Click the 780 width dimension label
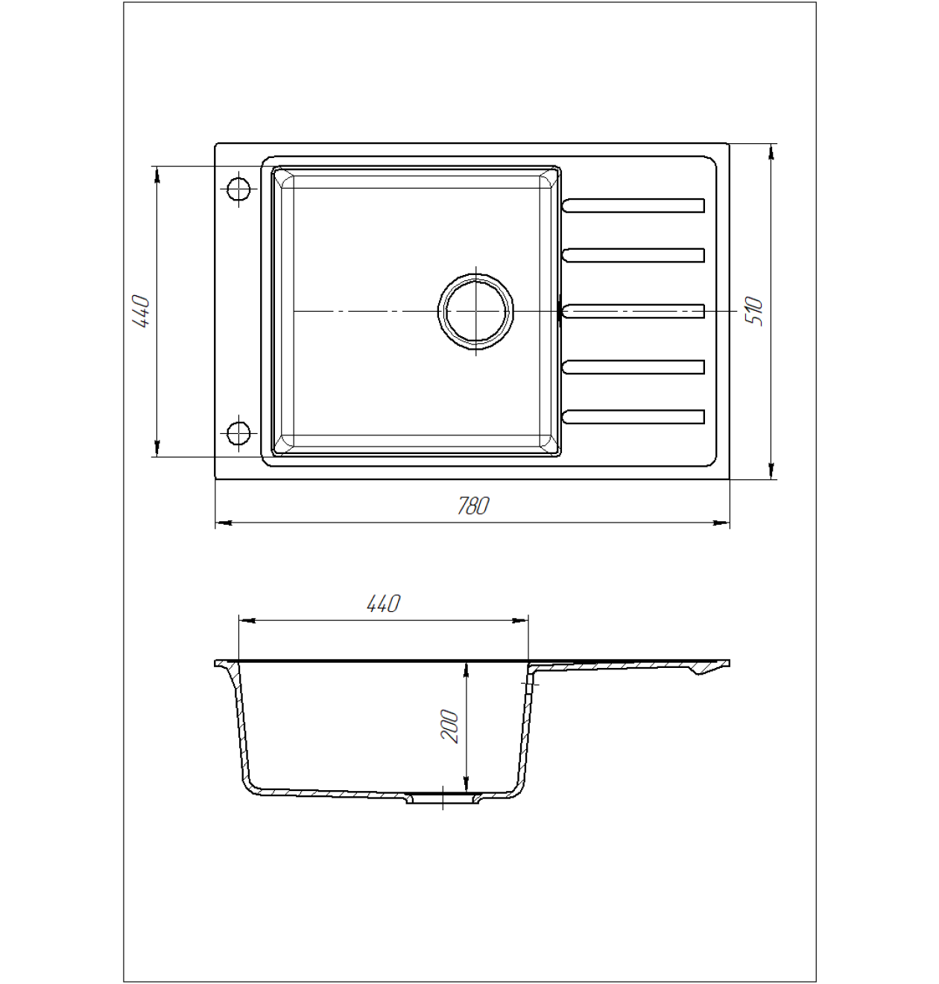[473, 506]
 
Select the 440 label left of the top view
[141, 312]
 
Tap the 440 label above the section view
[384, 604]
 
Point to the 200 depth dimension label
[449, 726]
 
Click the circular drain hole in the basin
[475, 312]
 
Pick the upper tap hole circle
[238, 189]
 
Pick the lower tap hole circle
[238, 432]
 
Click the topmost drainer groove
[633, 206]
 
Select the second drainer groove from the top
[633, 255]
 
